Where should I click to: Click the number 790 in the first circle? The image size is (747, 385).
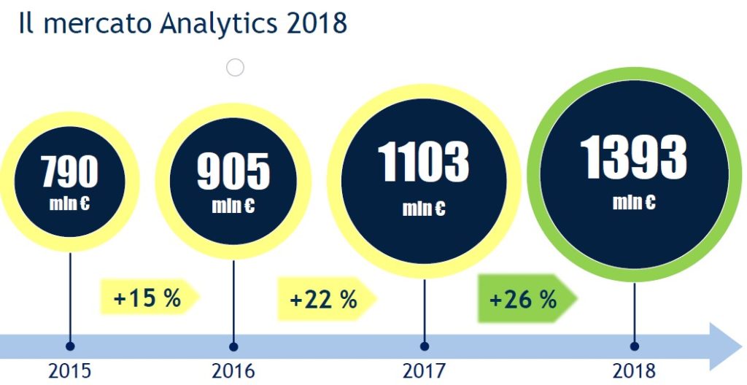pos(69,171)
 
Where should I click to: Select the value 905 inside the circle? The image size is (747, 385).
pos(233,172)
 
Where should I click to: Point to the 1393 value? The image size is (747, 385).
pos(634,157)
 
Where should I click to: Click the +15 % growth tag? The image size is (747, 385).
pos(147,297)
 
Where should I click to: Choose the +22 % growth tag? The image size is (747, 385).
pos(324,299)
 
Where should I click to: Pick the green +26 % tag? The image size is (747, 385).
pos(523,299)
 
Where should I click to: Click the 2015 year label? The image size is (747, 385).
pos(70,370)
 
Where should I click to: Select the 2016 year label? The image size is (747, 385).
pos(233,370)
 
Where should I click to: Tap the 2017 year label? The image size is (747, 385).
pos(425,370)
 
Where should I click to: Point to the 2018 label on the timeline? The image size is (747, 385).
pos(634,370)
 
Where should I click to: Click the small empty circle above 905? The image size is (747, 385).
pos(235,68)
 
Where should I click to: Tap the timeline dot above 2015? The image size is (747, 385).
pos(70,346)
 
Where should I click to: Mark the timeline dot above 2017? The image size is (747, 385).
pos(425,346)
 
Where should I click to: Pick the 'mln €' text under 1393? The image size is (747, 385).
pos(634,202)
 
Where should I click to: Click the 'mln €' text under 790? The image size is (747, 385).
pos(69,203)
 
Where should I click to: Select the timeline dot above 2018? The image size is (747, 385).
pos(634,346)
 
